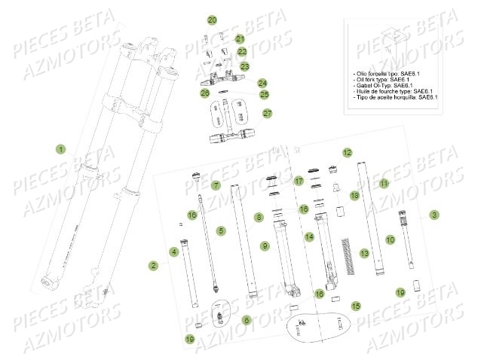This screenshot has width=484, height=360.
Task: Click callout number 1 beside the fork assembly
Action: coord(61,149)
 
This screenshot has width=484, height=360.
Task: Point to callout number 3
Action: coord(434,215)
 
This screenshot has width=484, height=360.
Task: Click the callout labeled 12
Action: coord(347,153)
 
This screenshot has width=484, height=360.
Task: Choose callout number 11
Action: coord(384,183)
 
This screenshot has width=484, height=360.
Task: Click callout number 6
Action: coord(246,320)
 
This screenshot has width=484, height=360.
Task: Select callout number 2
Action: coord(153,265)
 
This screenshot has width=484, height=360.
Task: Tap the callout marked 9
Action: coord(265,246)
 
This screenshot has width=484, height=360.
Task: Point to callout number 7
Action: coord(216,185)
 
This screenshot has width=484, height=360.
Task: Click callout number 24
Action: coord(262,83)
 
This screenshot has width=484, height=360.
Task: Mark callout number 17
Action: coord(299,182)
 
